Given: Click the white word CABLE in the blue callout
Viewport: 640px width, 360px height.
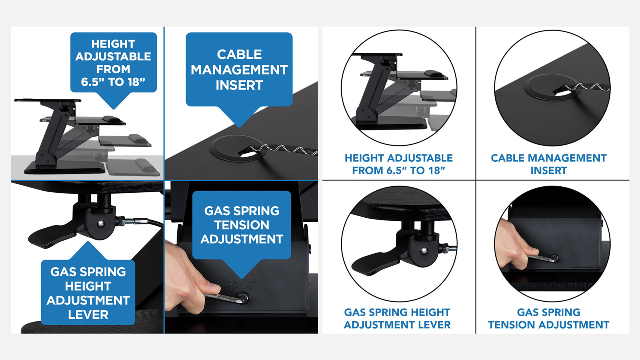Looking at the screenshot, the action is coord(239,54).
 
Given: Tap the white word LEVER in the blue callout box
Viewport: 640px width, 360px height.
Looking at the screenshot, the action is coord(88,314).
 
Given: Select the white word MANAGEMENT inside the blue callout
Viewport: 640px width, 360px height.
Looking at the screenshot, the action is coord(239,70).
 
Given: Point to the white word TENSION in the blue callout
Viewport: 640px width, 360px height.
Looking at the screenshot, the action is coord(242,225).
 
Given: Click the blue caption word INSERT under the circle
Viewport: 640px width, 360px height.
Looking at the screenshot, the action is coord(548,170).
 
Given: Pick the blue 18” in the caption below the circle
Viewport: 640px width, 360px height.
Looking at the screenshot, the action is coord(436,170).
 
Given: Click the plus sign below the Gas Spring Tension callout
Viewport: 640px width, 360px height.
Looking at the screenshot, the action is coord(232,282).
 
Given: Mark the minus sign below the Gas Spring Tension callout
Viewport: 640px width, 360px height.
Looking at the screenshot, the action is coord(252,282).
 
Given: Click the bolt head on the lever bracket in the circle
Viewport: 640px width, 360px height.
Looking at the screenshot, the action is coord(424,251).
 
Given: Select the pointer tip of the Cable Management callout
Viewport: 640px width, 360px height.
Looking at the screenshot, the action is coord(240,127).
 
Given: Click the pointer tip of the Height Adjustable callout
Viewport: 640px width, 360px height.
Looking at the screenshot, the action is coord(114,109).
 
